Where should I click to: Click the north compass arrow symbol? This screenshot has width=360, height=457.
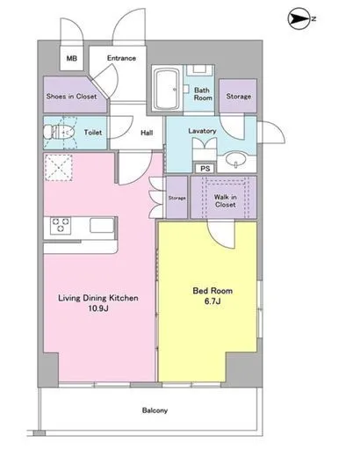299,19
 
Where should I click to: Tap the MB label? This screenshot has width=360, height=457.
72,59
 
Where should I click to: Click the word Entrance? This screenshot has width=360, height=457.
121,58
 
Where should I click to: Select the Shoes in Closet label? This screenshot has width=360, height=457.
72,96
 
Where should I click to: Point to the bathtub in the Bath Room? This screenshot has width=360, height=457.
166,89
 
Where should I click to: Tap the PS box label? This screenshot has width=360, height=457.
205,169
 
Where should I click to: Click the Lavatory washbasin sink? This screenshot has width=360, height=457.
236,160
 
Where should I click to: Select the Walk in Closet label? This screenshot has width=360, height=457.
226,200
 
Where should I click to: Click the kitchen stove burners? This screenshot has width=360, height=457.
61,225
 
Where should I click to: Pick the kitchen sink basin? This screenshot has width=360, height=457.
102,225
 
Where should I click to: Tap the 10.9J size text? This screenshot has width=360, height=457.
98,308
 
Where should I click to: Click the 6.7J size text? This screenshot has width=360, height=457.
212,301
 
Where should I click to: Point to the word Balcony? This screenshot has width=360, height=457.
155,410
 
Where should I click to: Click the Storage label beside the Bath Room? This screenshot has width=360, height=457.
239,96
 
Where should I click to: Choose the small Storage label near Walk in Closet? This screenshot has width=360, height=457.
177,199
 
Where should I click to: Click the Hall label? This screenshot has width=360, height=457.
147,133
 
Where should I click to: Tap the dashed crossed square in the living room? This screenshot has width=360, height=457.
59,168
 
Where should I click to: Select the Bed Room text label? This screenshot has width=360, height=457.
212,291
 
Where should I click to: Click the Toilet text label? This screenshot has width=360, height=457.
93,133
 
